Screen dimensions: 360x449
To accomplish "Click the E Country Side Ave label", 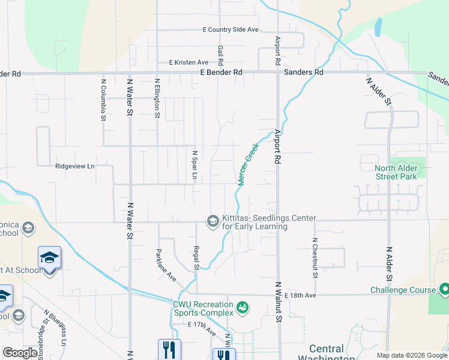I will (x=231, y=29).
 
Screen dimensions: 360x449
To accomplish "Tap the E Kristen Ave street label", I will (x=188, y=62).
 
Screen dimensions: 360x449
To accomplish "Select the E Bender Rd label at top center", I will (x=221, y=73).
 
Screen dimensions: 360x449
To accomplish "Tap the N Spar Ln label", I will (x=194, y=164).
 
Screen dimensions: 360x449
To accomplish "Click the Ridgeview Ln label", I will (x=75, y=166).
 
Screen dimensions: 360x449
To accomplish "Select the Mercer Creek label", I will (x=248, y=164).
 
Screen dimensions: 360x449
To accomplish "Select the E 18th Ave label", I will (x=300, y=296).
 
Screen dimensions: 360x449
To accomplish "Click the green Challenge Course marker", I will (x=444, y=290).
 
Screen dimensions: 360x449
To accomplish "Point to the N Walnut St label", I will (x=279, y=303).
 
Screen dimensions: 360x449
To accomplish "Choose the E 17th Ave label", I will (x=202, y=328).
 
